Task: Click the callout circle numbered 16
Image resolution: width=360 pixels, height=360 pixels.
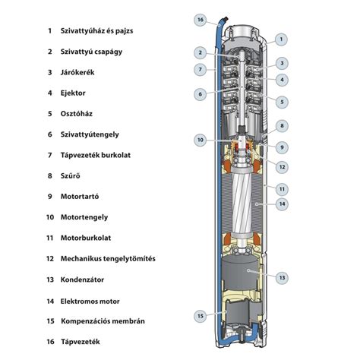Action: point(201,20)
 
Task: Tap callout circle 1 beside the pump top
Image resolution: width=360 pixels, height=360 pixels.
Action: point(281,39)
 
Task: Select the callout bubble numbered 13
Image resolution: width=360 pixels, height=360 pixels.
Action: point(282,278)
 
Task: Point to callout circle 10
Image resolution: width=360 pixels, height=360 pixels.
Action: point(201,140)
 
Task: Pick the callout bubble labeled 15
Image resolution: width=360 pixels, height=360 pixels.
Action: point(201,316)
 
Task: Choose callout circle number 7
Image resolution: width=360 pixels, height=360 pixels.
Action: point(201,69)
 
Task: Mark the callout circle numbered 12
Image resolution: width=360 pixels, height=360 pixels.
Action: point(282,167)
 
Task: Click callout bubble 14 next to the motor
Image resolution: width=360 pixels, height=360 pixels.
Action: point(282,204)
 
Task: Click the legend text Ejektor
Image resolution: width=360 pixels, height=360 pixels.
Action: point(73,93)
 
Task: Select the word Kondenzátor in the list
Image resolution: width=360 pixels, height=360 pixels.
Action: point(82,279)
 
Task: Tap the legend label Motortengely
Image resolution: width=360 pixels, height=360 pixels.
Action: point(84,217)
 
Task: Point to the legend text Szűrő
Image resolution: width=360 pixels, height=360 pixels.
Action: point(71,175)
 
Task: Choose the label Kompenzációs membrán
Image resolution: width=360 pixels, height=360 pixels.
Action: point(103,321)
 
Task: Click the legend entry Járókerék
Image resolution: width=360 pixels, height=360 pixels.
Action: point(77,72)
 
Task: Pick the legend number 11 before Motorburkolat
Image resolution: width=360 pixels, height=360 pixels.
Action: point(50,238)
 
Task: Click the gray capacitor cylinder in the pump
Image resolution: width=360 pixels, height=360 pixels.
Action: point(240,273)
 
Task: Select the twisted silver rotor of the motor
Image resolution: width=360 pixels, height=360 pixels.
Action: point(242,203)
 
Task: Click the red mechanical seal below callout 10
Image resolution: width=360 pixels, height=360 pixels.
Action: point(242,147)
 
